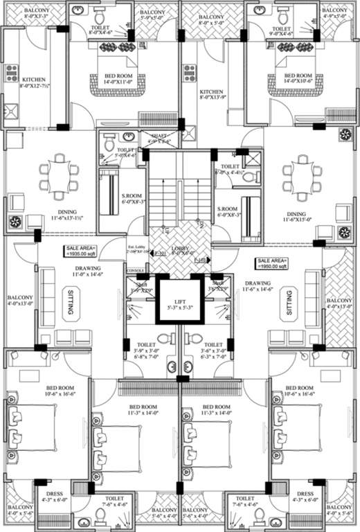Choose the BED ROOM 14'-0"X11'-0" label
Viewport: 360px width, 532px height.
[119, 79]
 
